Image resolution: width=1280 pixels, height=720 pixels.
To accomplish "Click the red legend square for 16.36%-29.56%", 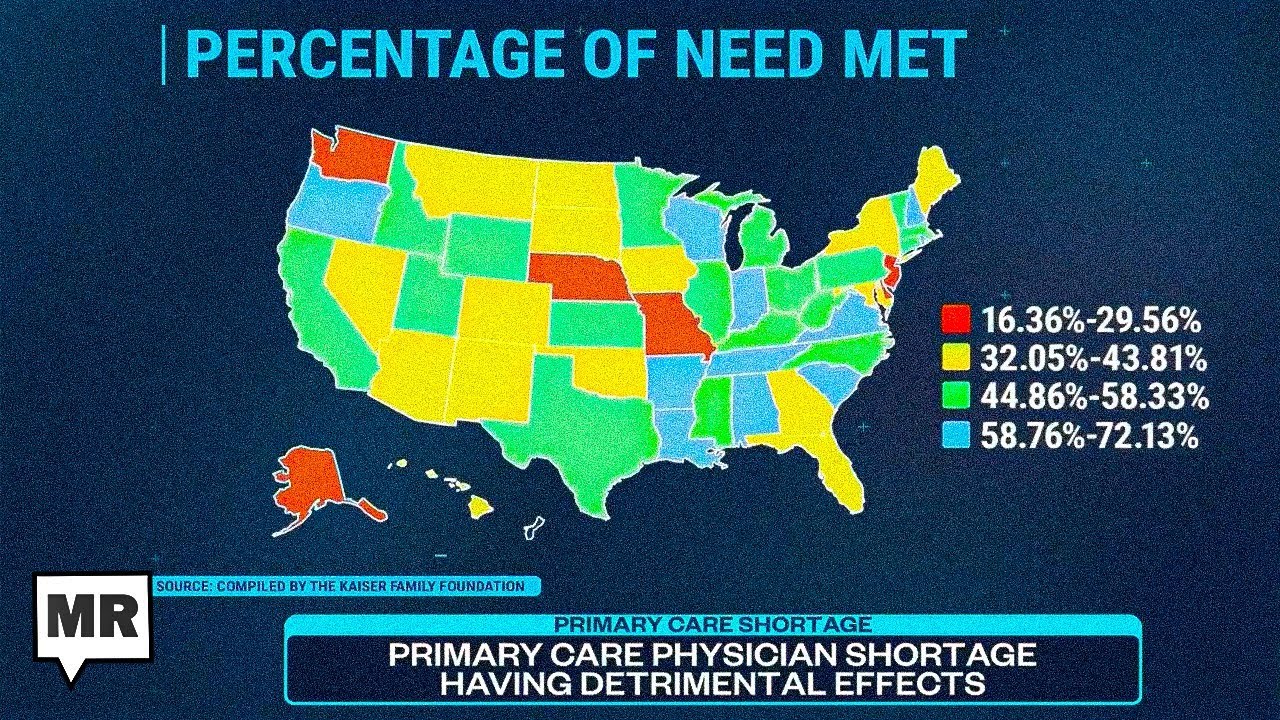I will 956,320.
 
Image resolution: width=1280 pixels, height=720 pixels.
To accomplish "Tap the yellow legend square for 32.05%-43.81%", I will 956,358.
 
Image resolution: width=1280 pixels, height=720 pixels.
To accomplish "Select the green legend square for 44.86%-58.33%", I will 956,396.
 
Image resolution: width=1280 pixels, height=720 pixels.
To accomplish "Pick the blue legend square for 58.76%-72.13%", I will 956,435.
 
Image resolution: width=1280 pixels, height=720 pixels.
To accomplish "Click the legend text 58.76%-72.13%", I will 1089,435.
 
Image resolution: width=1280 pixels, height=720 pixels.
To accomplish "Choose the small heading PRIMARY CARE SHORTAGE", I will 712,625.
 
